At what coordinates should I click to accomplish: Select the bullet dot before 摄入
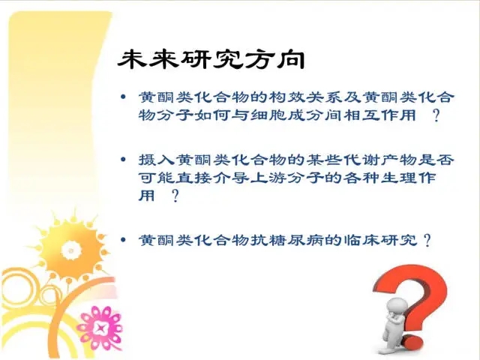123,160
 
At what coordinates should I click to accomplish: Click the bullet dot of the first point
123,97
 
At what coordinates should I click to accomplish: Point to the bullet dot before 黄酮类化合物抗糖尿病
123,239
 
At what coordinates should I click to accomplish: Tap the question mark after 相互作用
436,115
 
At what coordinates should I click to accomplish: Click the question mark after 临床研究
427,240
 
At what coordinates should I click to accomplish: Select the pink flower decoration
100,328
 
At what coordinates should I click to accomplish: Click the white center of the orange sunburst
71,250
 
